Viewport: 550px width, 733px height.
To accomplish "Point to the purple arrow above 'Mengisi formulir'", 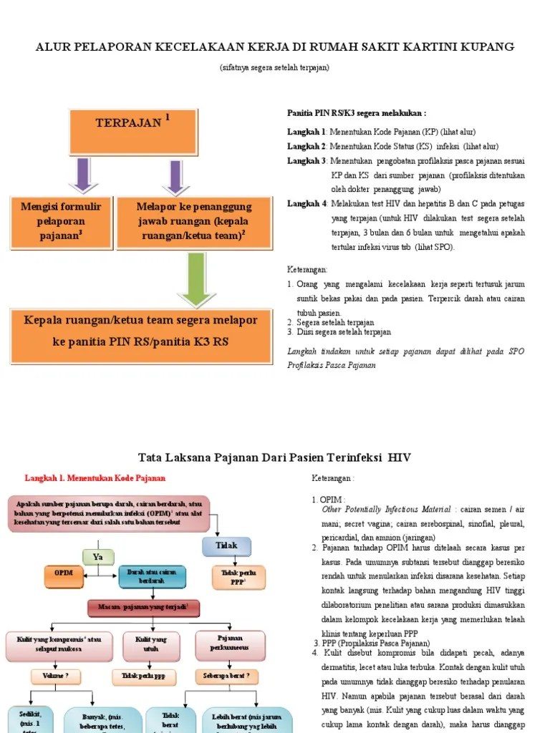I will click(83, 175).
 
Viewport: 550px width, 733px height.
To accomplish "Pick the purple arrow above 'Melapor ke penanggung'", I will click(174, 175).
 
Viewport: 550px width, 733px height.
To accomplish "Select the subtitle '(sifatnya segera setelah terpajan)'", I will click(274, 67).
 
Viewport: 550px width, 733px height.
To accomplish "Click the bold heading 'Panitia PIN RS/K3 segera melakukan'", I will click(357, 114).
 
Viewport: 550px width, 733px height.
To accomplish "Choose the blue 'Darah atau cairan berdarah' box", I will click(152, 576).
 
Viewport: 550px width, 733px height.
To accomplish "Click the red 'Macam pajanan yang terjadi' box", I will click(144, 608).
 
